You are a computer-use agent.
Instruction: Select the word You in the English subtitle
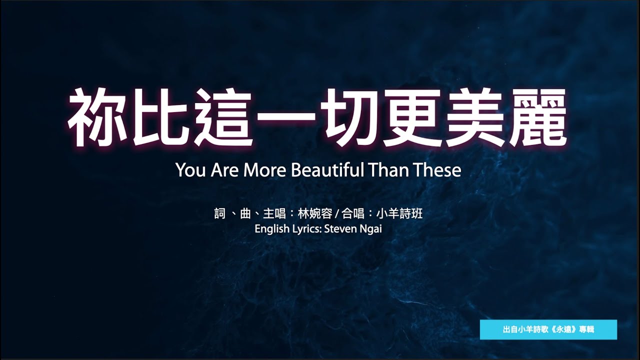(190, 170)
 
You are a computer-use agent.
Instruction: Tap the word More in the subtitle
(264, 170)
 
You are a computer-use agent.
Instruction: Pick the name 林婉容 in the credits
(315, 213)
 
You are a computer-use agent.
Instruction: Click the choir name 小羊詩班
(399, 213)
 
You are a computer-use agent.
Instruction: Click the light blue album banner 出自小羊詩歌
(548, 329)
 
